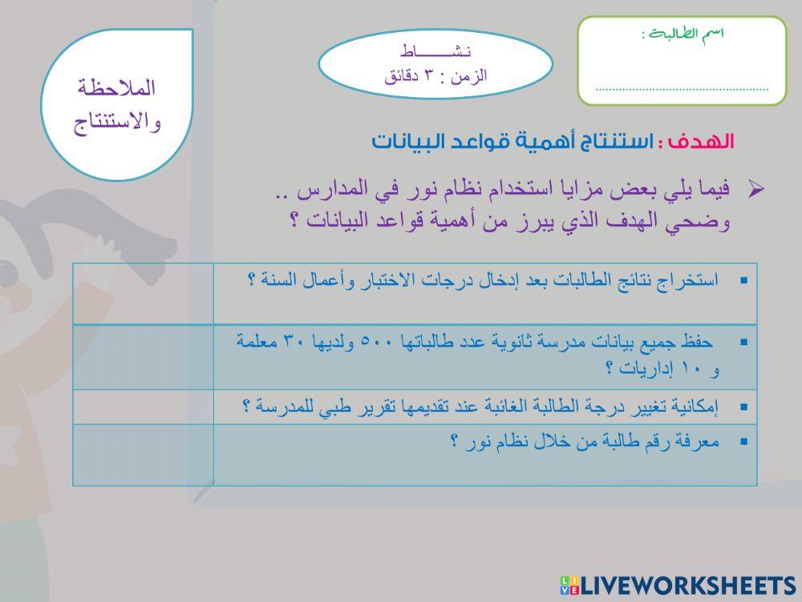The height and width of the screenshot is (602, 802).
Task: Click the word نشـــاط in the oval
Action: (x=436, y=53)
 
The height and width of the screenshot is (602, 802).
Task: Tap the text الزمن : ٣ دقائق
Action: (x=435, y=76)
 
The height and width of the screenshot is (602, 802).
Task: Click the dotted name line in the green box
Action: (x=682, y=89)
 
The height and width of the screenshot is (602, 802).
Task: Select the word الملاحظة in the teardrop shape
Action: (x=117, y=87)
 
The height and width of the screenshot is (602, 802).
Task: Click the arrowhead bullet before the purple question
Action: (x=755, y=189)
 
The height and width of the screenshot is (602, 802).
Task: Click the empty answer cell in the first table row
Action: (x=143, y=293)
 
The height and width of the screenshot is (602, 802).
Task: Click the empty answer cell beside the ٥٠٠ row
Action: (x=143, y=357)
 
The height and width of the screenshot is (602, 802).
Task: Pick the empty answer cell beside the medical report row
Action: (x=143, y=407)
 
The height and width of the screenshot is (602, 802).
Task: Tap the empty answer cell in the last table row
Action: (x=143, y=454)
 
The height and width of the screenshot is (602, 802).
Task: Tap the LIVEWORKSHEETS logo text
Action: (x=687, y=584)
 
